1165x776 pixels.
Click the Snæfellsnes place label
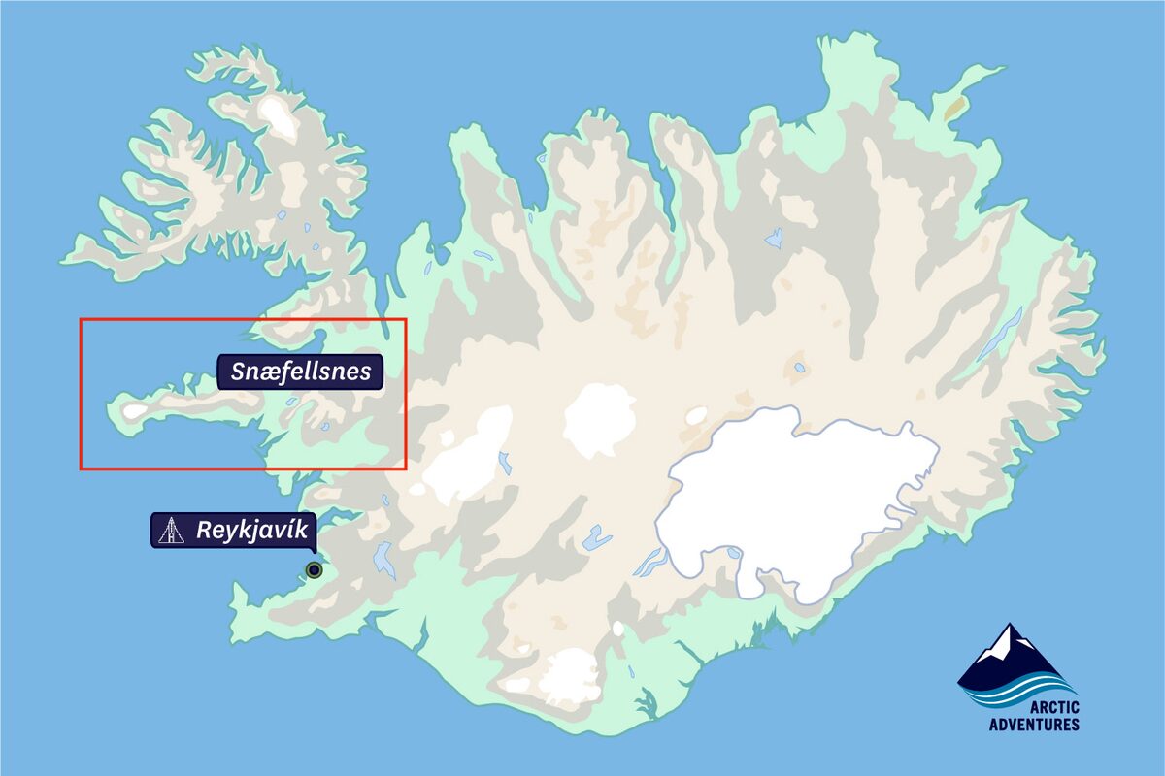pyautogui.click(x=301, y=372)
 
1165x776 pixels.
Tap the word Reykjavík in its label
pyautogui.click(x=251, y=531)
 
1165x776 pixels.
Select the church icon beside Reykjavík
pyautogui.click(x=171, y=532)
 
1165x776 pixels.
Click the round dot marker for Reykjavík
pyautogui.click(x=313, y=569)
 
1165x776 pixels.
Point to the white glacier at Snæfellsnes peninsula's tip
pyautogui.click(x=134, y=411)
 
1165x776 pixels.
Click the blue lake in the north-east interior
pyautogui.click(x=774, y=238)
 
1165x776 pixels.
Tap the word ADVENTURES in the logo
pyautogui.click(x=1033, y=725)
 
